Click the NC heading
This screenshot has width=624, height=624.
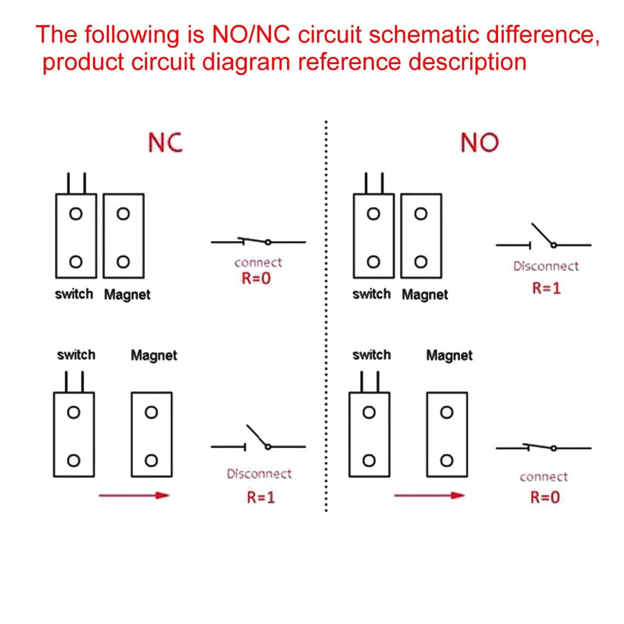click(165, 142)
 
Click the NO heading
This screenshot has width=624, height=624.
click(479, 142)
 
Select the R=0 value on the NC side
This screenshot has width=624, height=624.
click(256, 279)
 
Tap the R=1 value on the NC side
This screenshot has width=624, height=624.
click(260, 497)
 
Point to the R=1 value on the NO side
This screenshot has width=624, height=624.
click(546, 288)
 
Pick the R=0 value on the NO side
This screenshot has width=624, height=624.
click(545, 497)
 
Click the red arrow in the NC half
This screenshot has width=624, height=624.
click(134, 496)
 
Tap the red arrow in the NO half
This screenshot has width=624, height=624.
click(429, 496)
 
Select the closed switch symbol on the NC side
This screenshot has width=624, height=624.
click(259, 242)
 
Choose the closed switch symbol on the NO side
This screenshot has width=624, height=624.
click(543, 448)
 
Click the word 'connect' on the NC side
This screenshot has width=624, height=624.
click(258, 263)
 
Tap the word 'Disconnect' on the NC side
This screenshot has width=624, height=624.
click(259, 474)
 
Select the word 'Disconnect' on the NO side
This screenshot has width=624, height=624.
click(546, 266)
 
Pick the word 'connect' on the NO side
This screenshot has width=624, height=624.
click(543, 477)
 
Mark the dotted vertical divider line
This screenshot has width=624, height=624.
click(325, 318)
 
